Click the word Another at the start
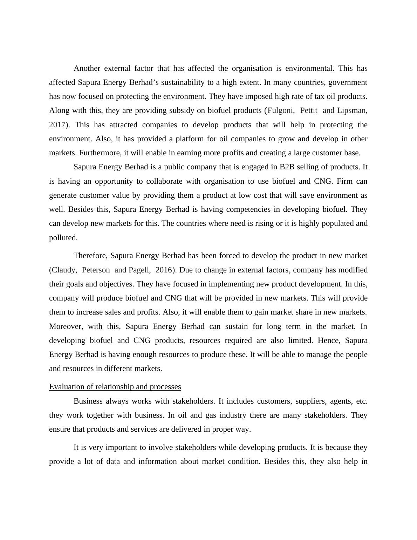[87, 68]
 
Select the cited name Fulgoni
[280, 110]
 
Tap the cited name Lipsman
[352, 110]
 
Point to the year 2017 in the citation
[57, 125]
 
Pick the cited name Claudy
[63, 270]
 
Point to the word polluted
[63, 238]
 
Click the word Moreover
[66, 326]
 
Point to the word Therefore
[90, 256]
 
